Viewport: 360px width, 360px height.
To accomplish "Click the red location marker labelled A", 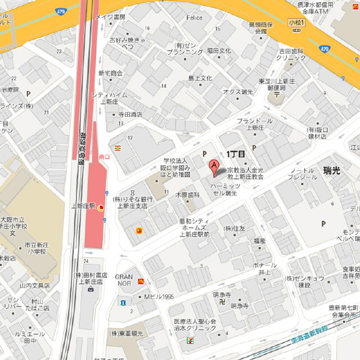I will (214, 166).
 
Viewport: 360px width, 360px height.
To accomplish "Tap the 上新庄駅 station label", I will (83, 206).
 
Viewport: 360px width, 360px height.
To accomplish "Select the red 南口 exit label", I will (103, 156).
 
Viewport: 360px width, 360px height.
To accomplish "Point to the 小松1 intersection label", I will (296, 22).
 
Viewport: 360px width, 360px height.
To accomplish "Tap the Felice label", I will (194, 18).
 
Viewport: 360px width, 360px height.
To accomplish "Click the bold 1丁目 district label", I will (236, 154).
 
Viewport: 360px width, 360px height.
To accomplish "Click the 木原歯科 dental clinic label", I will (188, 195).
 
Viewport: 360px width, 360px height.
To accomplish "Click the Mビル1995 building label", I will (159, 296).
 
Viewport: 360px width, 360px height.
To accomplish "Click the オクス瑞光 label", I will (238, 91).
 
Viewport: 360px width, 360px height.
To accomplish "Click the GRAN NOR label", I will (124, 280).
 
